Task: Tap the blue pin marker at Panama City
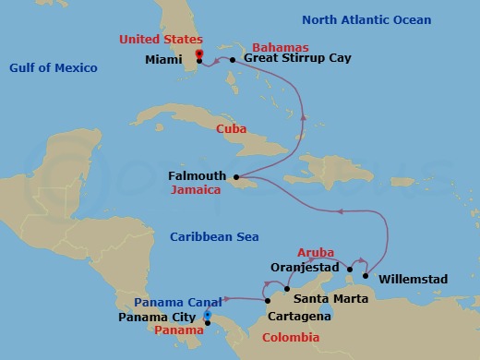(207, 316)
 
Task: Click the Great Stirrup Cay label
(291, 58)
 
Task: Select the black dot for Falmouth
(236, 176)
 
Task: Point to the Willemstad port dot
(366, 275)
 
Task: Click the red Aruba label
(316, 252)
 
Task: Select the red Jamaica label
(197, 190)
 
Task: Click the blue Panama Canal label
(175, 302)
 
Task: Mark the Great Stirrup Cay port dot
(234, 60)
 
